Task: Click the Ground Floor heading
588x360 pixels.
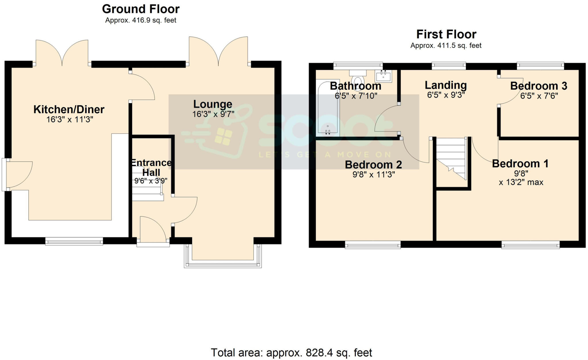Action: pos(141,9)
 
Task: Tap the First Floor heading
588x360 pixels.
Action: pos(446,34)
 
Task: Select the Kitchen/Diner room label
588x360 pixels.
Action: pos(69,109)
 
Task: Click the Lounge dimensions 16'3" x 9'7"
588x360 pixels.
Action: pos(213,114)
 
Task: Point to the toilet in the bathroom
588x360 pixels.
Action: pos(358,78)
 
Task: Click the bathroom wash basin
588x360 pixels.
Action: pos(383,77)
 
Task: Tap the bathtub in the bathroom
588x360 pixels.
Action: pos(328,109)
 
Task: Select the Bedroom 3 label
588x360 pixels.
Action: pos(539,86)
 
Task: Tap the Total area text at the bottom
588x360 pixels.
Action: pos(291,353)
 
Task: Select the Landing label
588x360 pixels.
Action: pos(446,85)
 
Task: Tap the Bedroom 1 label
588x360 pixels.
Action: pos(520,164)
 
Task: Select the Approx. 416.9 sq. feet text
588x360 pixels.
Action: pos(141,20)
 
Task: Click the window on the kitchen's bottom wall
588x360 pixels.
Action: pos(74,241)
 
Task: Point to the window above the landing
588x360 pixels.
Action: pos(449,66)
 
